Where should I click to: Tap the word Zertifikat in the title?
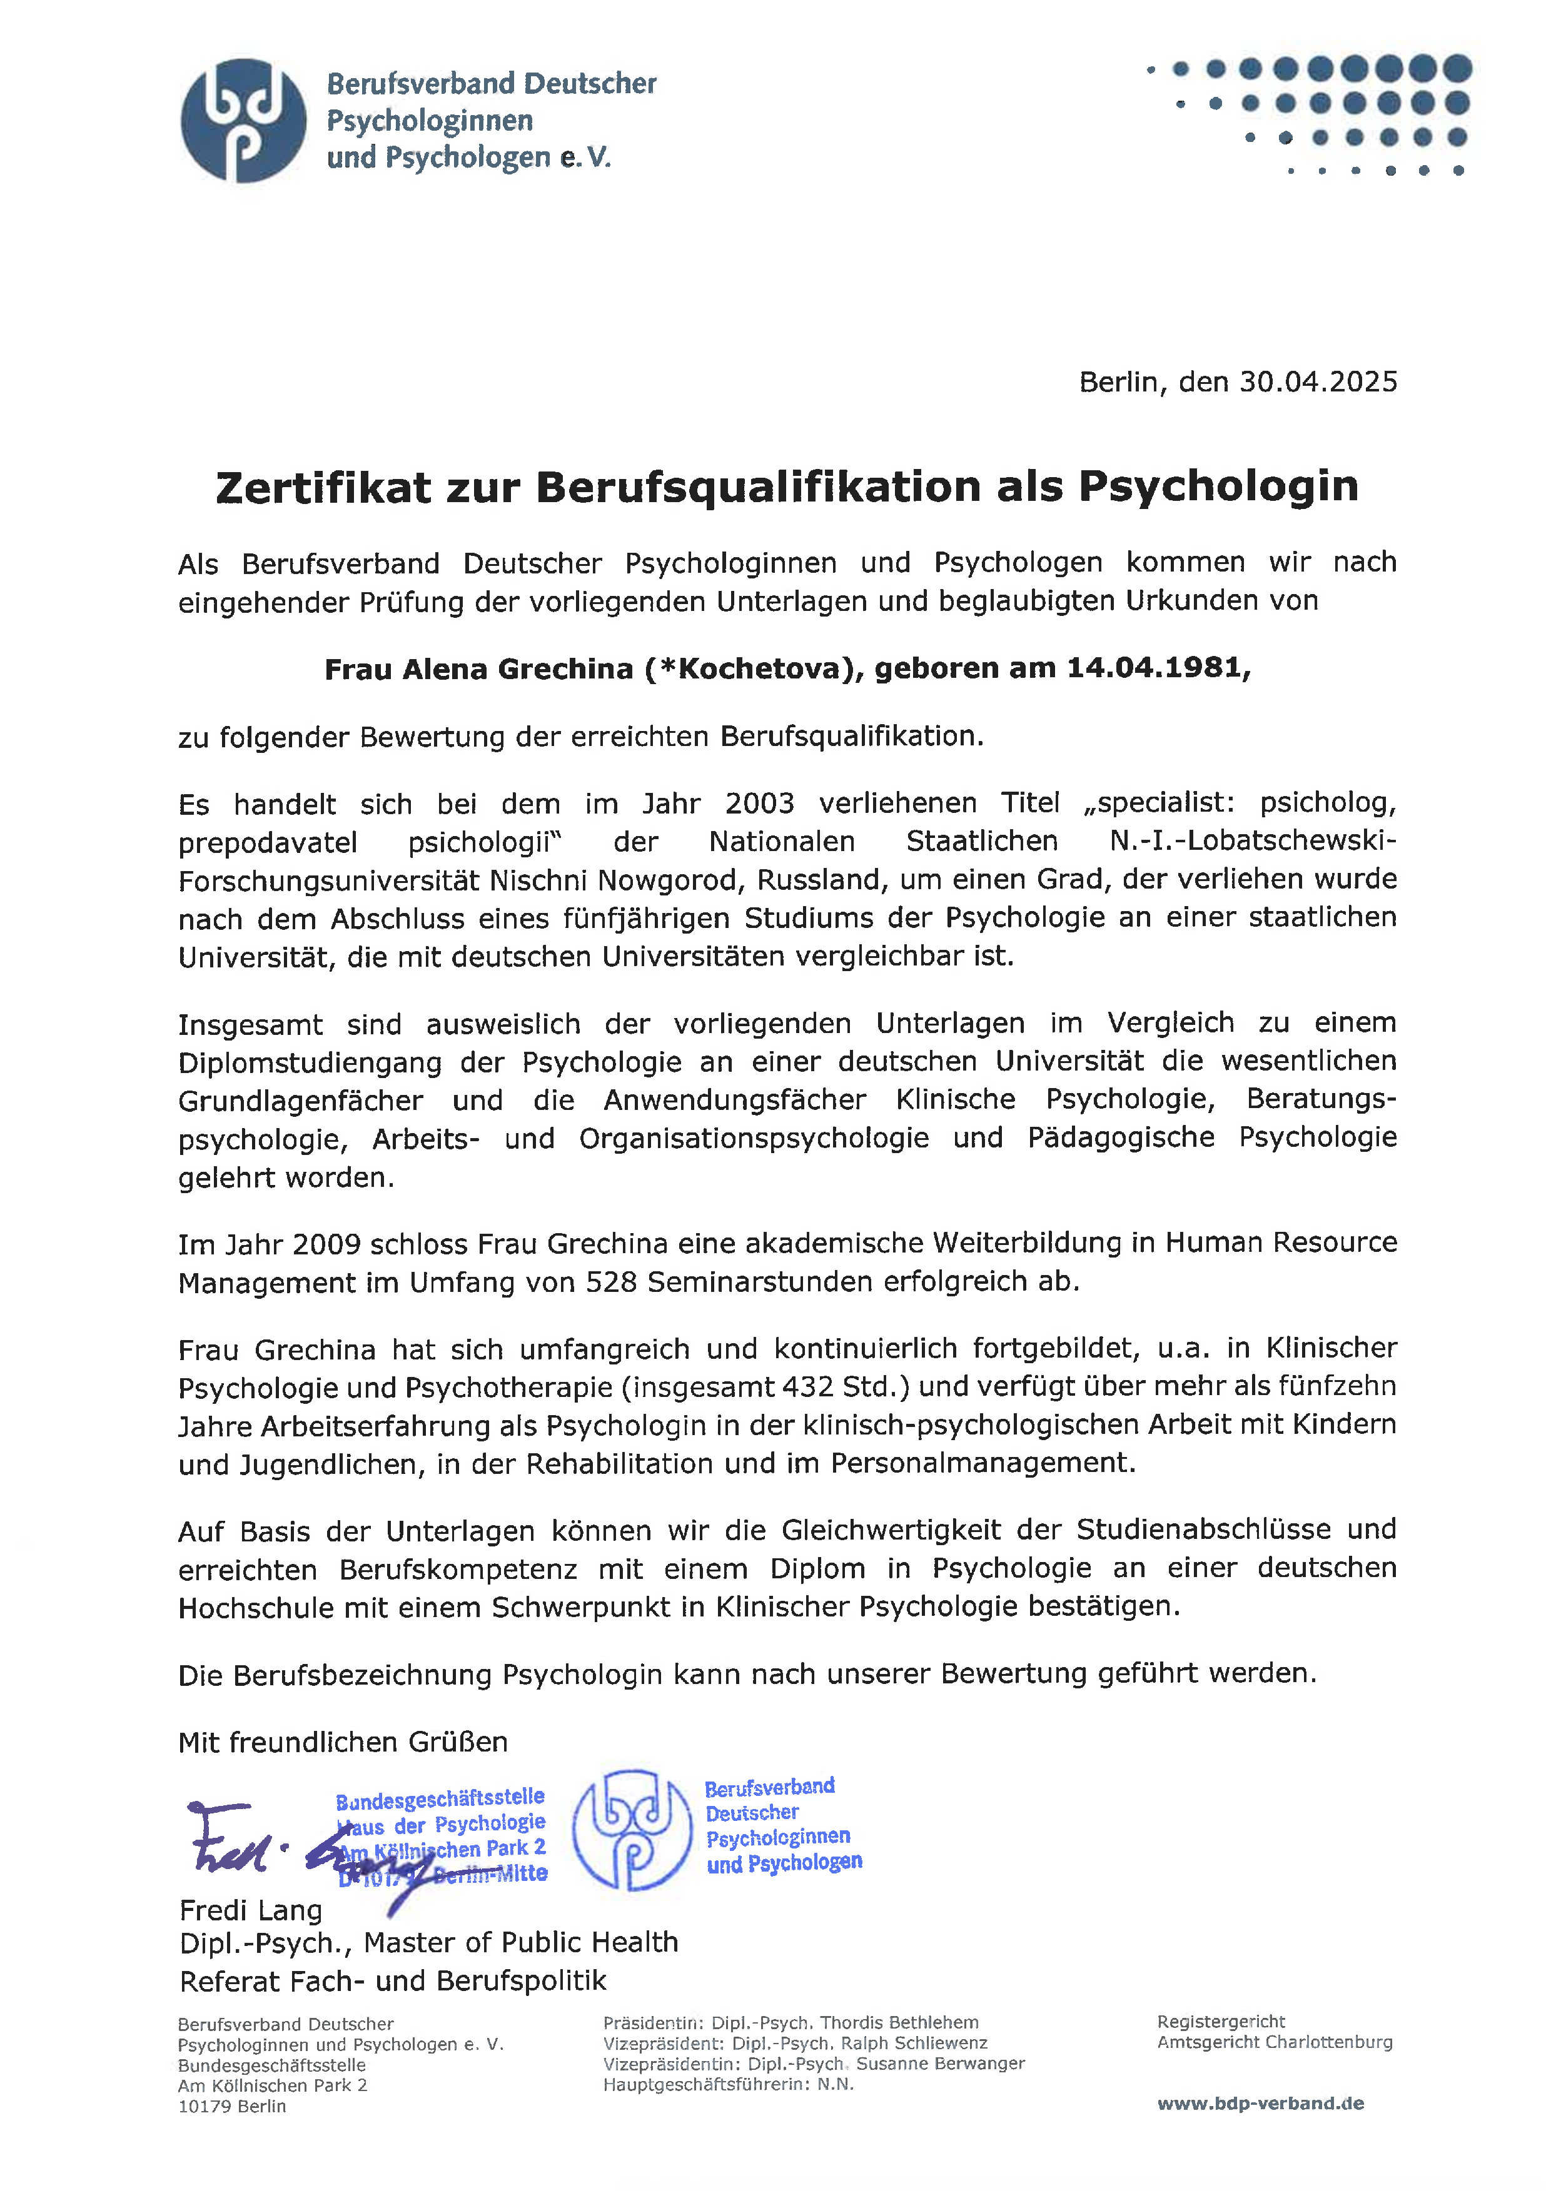323,487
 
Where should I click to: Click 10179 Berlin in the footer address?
231,2106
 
